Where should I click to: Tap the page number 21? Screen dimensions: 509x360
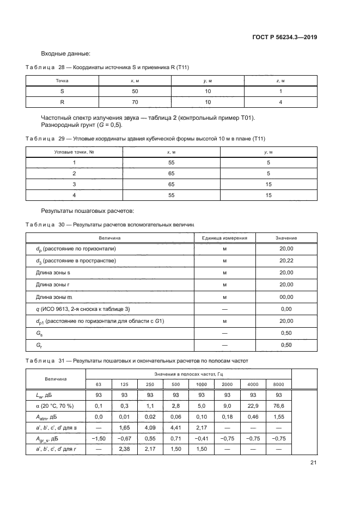tap(313, 463)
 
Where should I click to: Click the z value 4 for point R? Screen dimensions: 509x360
tap(280, 102)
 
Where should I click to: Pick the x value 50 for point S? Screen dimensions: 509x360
tap(135, 91)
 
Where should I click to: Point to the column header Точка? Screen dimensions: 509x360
tap(62, 81)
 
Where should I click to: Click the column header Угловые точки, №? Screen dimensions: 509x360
tap(74, 152)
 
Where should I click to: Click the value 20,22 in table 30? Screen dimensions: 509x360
tap(286, 260)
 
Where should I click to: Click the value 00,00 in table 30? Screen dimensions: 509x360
tap(286, 297)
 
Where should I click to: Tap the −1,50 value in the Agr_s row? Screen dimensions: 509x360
tap(98, 439)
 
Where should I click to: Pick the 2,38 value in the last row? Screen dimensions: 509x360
tap(123, 450)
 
